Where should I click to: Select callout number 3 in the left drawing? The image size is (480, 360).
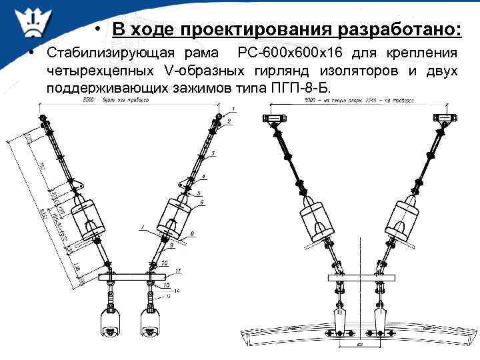click(213, 154)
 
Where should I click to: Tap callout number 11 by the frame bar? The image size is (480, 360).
click(179, 270)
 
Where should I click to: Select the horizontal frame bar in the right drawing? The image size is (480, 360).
click(359, 277)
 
